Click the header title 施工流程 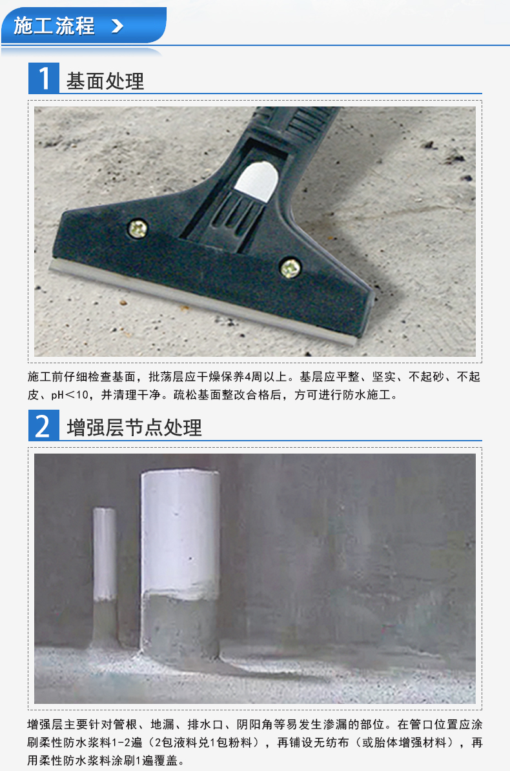coord(54,26)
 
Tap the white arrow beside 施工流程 coord(117,26)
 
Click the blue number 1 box coord(44,78)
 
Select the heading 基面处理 coord(105,81)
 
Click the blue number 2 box coord(44,426)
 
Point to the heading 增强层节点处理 coord(134,427)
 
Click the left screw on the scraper coord(138,228)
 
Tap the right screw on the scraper coord(290,268)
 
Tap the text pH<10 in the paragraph coord(70,395)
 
